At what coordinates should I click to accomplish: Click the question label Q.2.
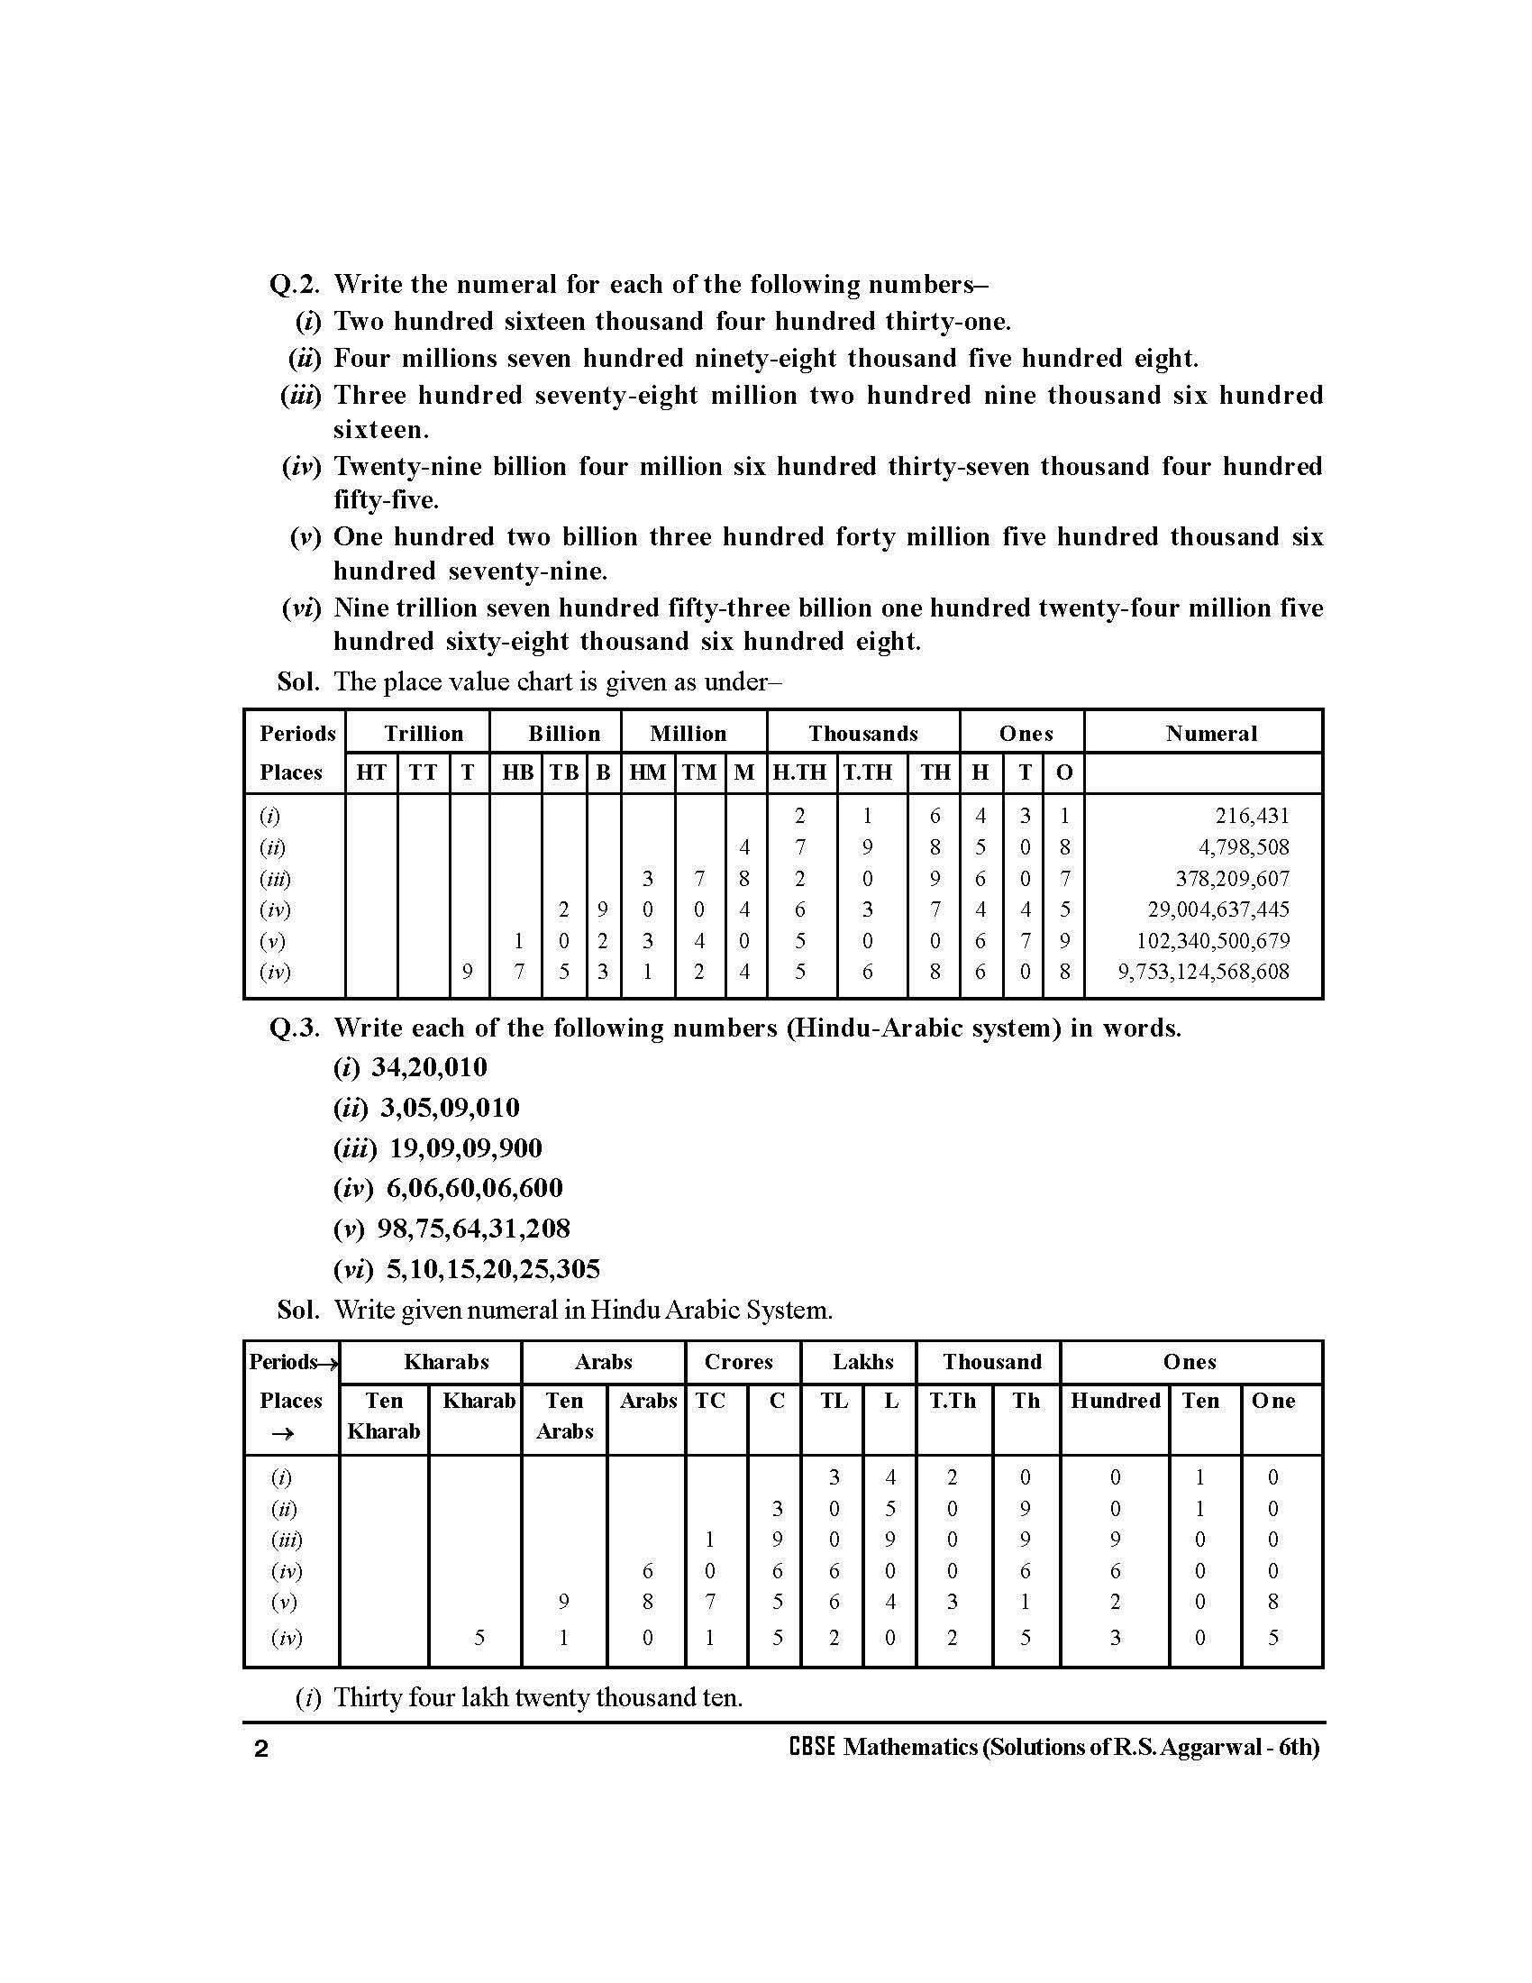click(x=295, y=285)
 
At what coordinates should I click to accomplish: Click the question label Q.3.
click(x=295, y=1028)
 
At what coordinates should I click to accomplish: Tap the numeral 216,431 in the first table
click(x=1252, y=817)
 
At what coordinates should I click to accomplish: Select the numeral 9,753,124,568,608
click(x=1202, y=972)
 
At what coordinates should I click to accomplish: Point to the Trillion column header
click(x=423, y=734)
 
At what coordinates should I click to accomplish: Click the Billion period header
click(x=563, y=734)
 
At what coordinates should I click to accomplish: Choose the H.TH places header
click(x=799, y=772)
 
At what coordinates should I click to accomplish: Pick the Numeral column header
click(x=1210, y=734)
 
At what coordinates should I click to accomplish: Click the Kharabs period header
click(x=445, y=1362)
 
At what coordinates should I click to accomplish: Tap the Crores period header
click(x=739, y=1362)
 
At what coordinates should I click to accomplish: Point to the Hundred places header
click(x=1116, y=1401)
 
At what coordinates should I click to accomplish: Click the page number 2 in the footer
click(x=261, y=1750)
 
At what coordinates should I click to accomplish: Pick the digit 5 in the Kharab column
click(x=479, y=1638)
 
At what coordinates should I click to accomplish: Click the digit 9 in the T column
click(x=468, y=973)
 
